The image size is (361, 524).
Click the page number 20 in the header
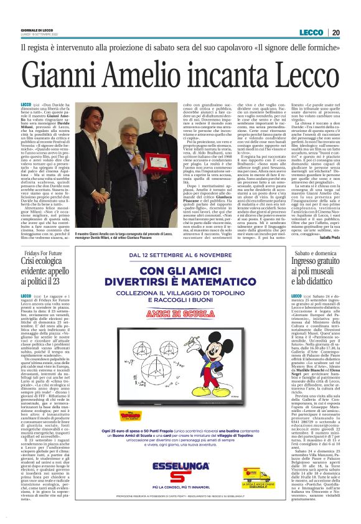pyautogui.click(x=352, y=32)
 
